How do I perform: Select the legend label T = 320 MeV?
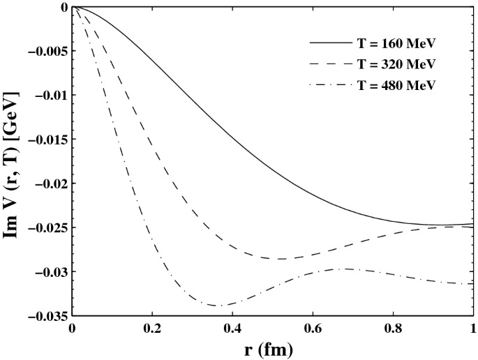403,66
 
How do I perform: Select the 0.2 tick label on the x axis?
153,327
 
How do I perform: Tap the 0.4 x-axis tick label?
233,327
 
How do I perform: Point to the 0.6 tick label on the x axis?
313,327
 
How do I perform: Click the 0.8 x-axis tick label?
393,327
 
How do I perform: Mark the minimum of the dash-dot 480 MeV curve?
220,306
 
